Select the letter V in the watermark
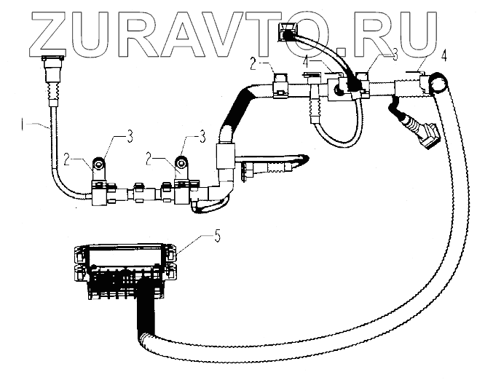[223, 31]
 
